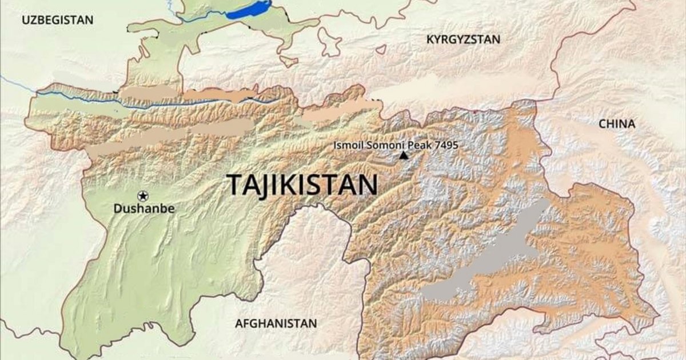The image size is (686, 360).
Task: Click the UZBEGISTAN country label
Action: click(x=57, y=20)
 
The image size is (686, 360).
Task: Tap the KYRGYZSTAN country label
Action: click(x=463, y=39)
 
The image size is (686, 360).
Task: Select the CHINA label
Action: click(x=617, y=124)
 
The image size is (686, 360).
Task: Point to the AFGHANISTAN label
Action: click(x=276, y=323)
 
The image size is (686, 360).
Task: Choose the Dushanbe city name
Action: click(x=143, y=209)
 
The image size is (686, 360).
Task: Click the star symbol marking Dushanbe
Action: click(x=142, y=196)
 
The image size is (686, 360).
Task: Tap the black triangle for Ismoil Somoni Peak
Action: click(x=404, y=155)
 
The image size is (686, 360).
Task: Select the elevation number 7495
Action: click(x=446, y=145)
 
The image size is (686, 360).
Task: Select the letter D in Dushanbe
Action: click(x=117, y=209)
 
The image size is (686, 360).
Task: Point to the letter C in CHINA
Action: click(x=603, y=124)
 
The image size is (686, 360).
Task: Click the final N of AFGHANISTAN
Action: click(x=312, y=323)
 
